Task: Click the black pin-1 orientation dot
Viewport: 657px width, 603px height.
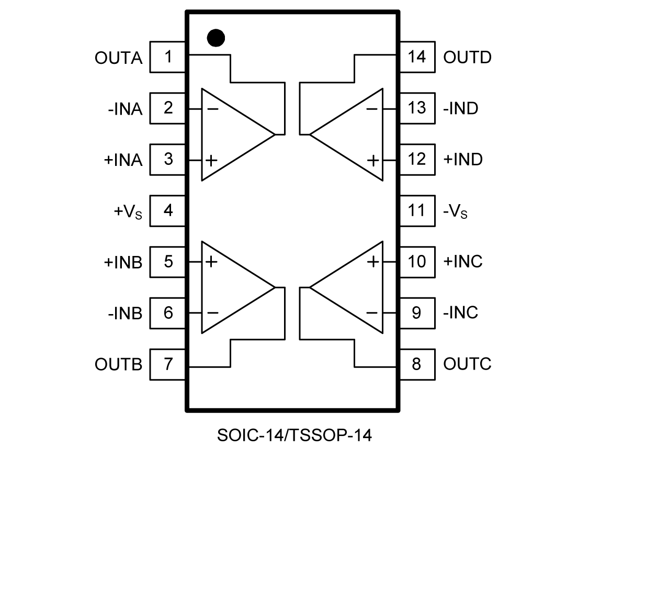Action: pos(216,38)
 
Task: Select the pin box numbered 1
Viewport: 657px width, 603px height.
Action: pos(167,57)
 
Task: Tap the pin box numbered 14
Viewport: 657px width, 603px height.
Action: pos(417,57)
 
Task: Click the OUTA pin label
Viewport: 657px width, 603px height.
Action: pos(118,58)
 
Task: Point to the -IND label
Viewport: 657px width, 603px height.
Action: pos(460,108)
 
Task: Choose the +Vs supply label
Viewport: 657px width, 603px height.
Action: pos(128,211)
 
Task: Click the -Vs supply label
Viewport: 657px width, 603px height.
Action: pos(455,211)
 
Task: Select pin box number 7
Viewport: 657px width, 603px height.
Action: pos(167,364)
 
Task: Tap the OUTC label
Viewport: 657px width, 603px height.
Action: pos(467,364)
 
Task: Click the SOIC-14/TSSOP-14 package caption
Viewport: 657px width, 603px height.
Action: pos(294,435)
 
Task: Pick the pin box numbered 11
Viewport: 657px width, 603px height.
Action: pos(417,210)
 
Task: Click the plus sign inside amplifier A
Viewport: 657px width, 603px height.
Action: pos(211,160)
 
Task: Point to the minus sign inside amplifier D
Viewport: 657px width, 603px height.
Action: pos(372,109)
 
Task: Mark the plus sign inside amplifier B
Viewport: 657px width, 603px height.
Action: pos(211,261)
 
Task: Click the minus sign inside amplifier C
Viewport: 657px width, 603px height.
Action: pos(372,313)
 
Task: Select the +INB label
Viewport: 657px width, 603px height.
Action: pos(123,262)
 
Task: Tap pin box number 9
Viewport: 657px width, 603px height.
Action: pos(417,313)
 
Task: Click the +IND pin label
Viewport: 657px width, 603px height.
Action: pos(462,160)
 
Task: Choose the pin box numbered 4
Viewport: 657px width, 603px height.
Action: pos(167,210)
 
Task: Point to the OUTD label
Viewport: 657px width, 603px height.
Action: pos(467,58)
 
